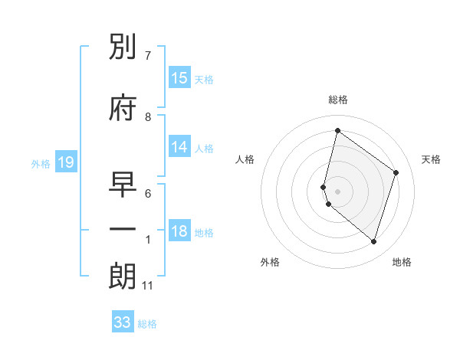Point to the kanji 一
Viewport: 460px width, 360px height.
[x=123, y=229]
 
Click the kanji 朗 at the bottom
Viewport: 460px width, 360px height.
[x=123, y=277]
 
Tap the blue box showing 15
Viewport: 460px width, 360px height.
[x=179, y=78]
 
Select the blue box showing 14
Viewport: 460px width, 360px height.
[x=179, y=147]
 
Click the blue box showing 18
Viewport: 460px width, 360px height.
[x=179, y=232]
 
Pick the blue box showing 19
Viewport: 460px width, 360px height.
[x=65, y=162]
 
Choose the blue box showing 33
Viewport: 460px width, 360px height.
[x=123, y=322]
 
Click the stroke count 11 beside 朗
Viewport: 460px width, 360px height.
[x=148, y=286]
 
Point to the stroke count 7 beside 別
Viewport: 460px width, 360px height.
[x=148, y=56]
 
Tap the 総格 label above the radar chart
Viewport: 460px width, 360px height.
[x=338, y=100]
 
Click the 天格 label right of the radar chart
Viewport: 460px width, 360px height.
[x=432, y=159]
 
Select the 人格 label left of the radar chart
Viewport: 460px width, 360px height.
[x=245, y=159]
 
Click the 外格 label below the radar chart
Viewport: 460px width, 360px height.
[x=270, y=262]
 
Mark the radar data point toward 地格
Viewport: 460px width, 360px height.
[x=373, y=241]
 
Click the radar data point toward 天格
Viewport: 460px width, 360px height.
[x=396, y=172]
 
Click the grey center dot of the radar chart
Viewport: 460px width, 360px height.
[x=338, y=191]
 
